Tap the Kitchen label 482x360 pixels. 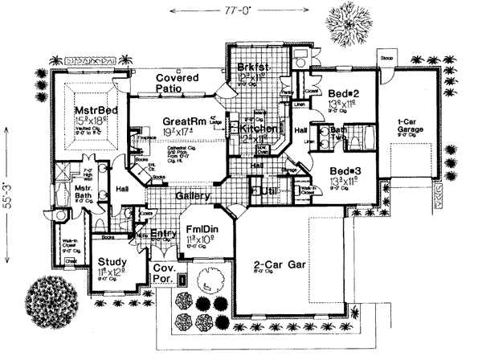257,129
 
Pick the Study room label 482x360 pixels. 112,262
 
